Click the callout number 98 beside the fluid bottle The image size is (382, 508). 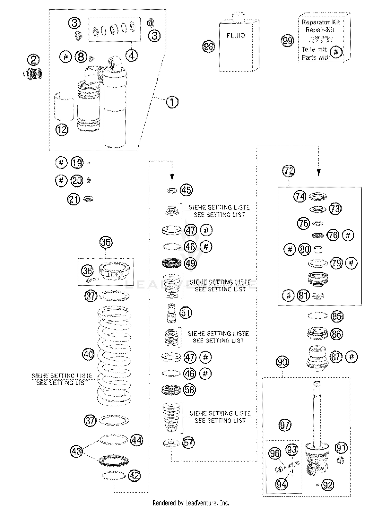click(x=208, y=46)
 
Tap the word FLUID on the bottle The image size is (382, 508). click(x=236, y=36)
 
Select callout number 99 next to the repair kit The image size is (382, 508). click(x=287, y=41)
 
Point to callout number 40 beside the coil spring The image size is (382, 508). click(x=88, y=354)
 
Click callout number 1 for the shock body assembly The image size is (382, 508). click(x=172, y=102)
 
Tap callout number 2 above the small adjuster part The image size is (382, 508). click(x=33, y=60)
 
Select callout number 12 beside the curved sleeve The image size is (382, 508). click(x=62, y=130)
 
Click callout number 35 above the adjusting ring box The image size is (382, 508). click(x=106, y=242)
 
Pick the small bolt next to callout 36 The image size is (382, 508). click(x=92, y=280)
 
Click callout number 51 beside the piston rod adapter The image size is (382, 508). click(x=186, y=313)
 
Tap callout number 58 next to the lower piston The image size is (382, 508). click(x=189, y=390)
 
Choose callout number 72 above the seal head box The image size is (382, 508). click(x=289, y=171)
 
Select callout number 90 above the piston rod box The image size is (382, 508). click(x=282, y=362)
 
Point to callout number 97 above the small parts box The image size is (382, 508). click(x=284, y=425)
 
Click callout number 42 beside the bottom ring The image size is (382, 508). click(x=134, y=476)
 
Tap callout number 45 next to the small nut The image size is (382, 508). click(x=186, y=190)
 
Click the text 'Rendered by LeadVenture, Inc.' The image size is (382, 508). click(x=191, y=503)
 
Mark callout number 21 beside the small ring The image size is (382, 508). click(x=74, y=199)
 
